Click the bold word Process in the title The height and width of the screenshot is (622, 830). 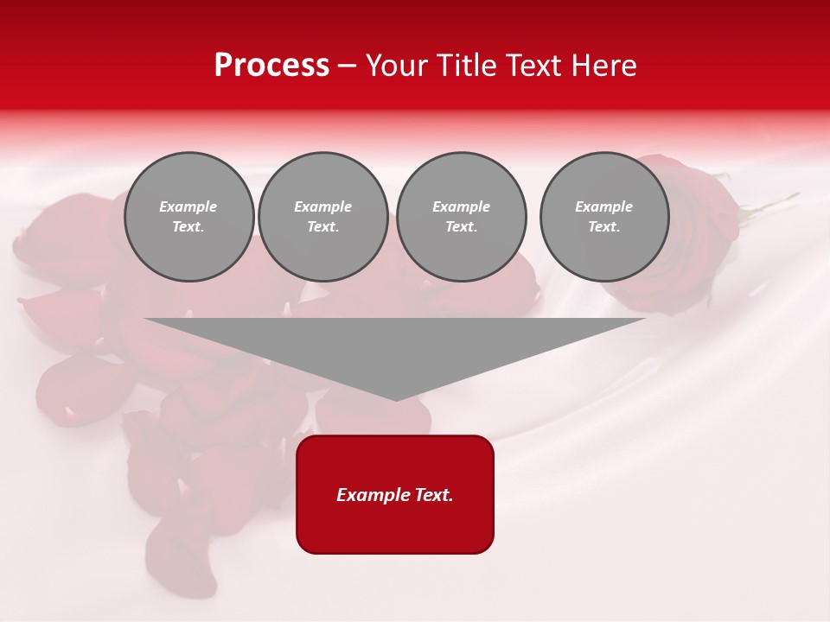(271, 66)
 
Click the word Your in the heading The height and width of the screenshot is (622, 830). (397, 66)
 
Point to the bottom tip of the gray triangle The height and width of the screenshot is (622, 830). (396, 399)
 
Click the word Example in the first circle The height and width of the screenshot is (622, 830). (188, 206)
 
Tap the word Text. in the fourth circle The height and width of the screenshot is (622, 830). (604, 226)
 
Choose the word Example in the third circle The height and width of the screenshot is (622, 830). (461, 206)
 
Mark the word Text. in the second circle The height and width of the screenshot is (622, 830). (322, 226)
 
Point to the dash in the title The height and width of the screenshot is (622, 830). (347, 66)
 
